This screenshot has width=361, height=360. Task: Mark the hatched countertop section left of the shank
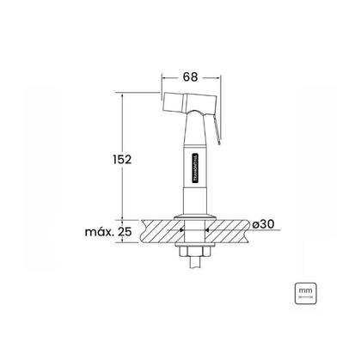(x=150, y=232)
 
